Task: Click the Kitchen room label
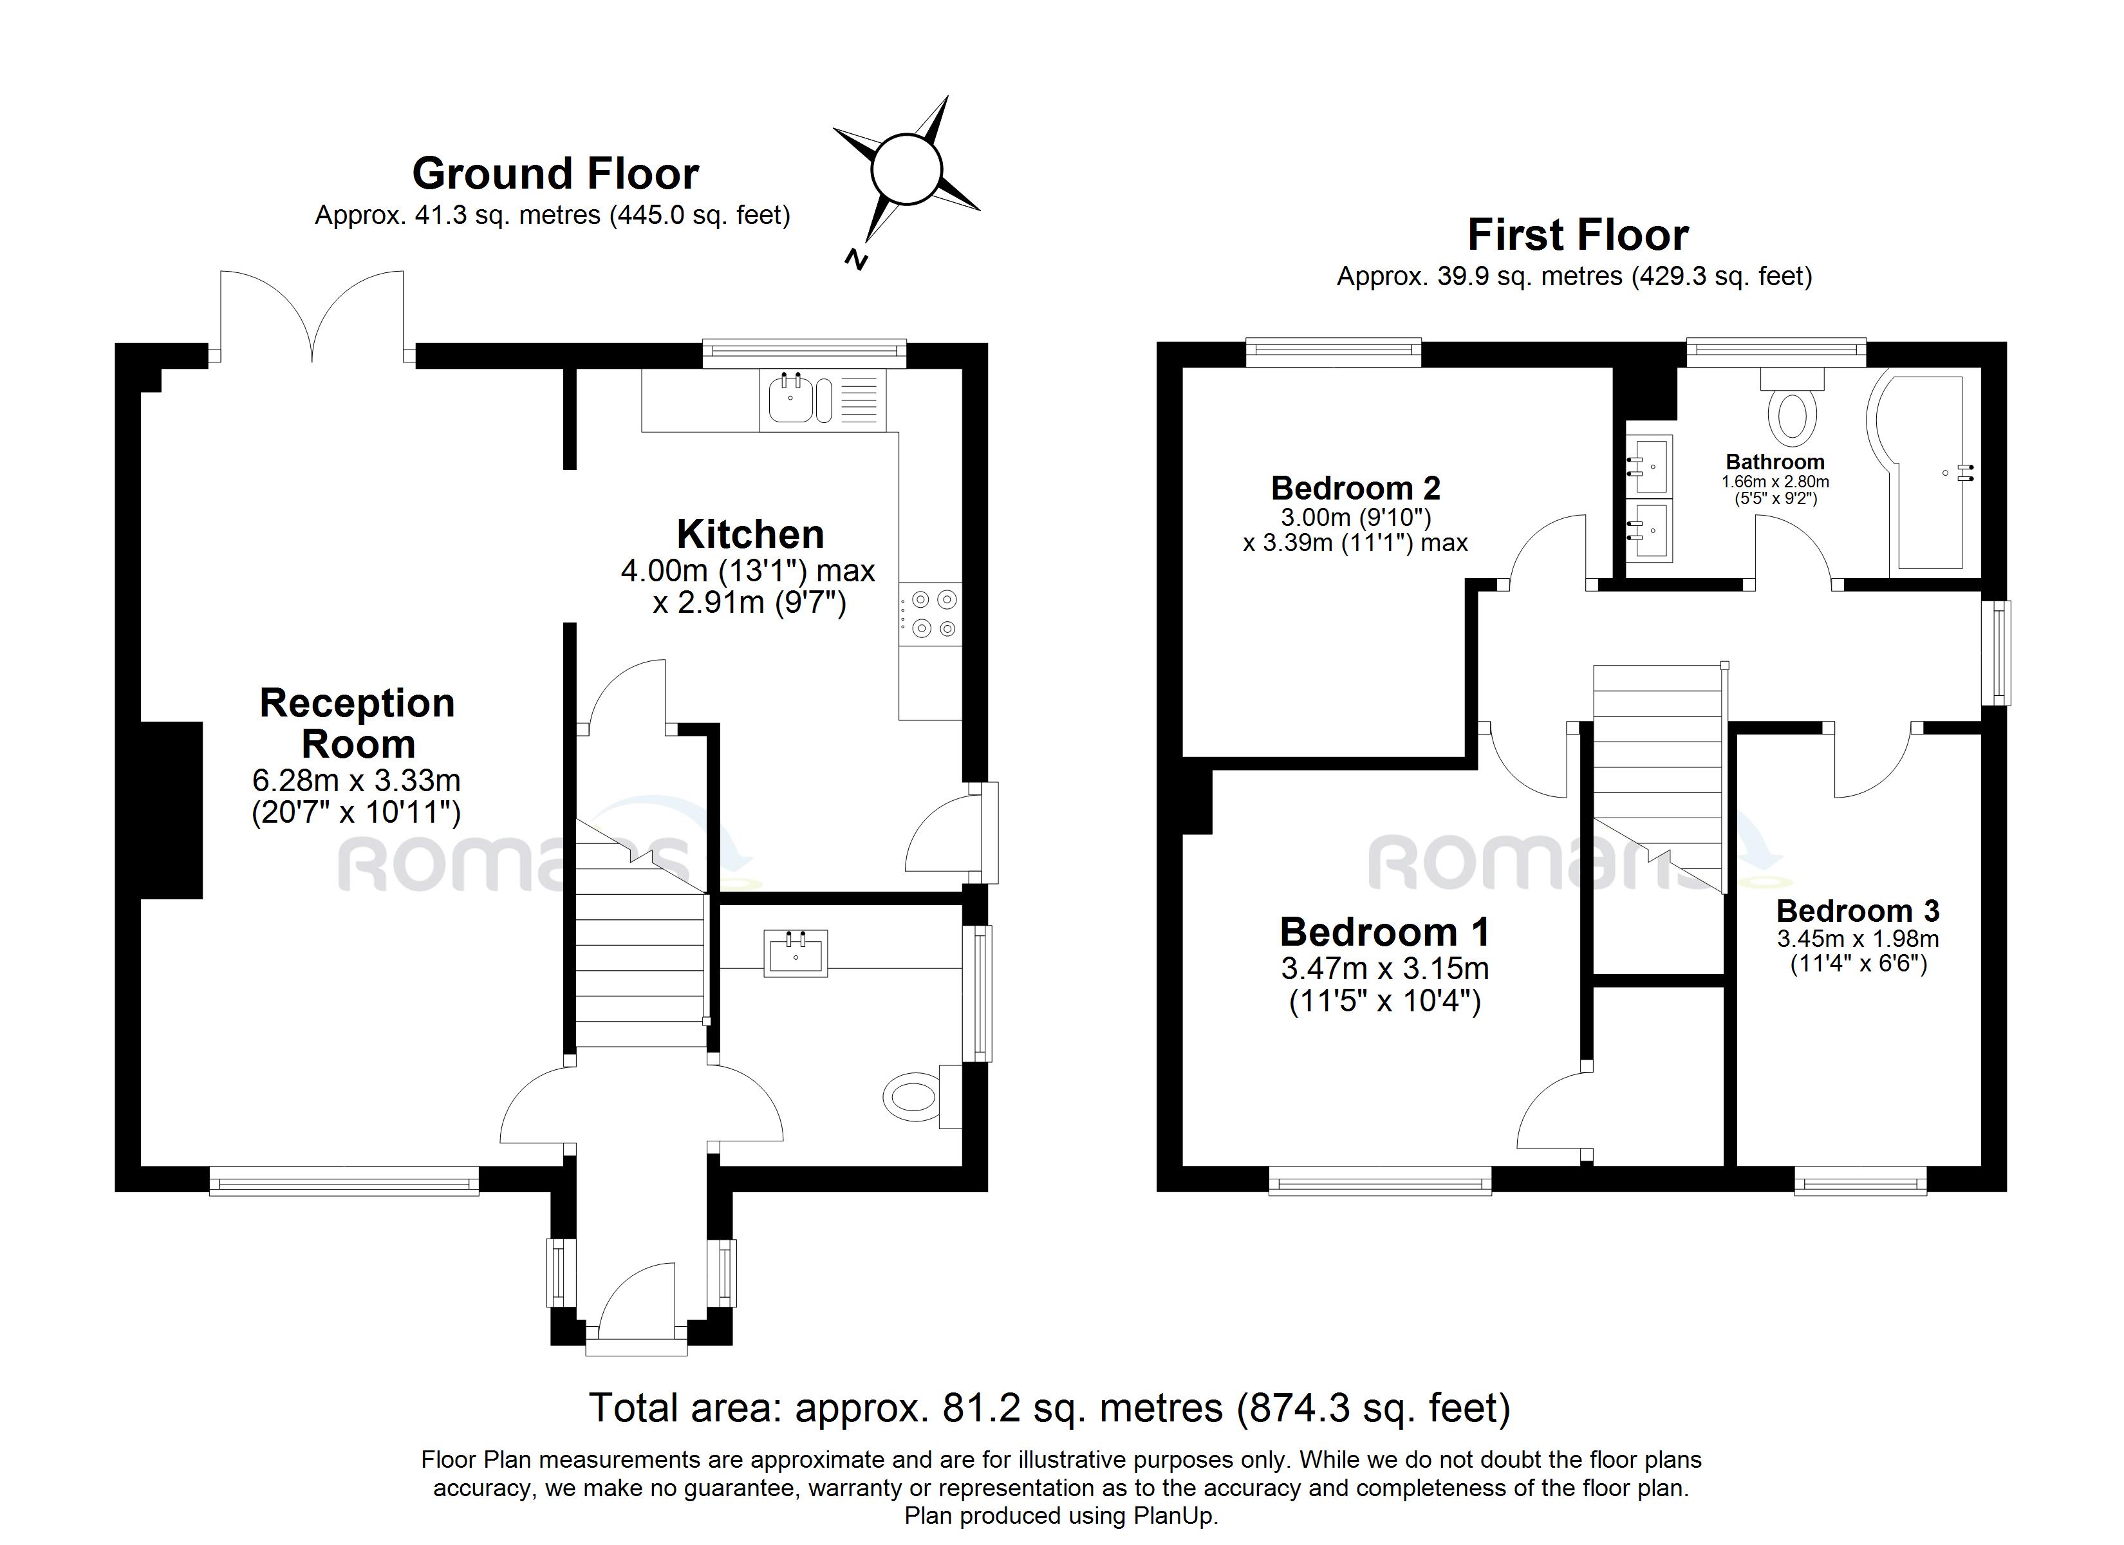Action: pos(750,534)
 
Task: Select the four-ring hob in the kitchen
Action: pos(930,613)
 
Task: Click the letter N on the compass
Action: pos(855,259)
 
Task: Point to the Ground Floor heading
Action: pos(555,174)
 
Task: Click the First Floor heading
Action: pos(1578,234)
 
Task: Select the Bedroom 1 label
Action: pos(1384,932)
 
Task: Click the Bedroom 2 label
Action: pos(1355,488)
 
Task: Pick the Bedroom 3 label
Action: pos(1858,911)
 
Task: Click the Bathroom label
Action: pos(1775,462)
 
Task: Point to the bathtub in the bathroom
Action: pos(1924,473)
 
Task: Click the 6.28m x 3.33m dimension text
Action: pos(356,780)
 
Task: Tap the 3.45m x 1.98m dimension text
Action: pos(1858,939)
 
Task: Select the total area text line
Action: pos(1049,1409)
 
